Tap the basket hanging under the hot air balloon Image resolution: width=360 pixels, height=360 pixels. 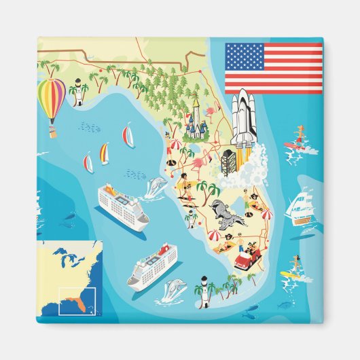(52, 128)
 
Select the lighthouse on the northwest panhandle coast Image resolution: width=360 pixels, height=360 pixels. (79, 91)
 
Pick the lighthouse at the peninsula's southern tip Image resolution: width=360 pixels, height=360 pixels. (202, 285)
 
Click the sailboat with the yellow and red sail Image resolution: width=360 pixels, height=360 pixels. (104, 154)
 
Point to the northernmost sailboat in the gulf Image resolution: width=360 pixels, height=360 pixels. (128, 134)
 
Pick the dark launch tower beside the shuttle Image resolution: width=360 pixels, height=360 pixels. (228, 162)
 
